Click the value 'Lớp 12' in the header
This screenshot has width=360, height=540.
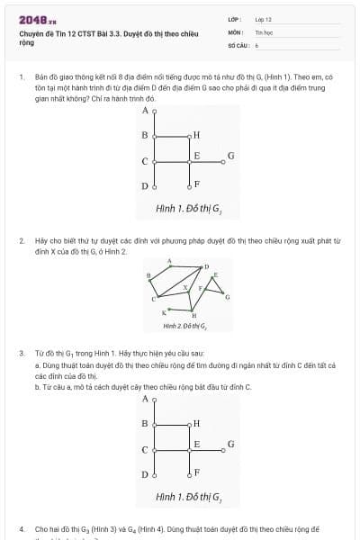(263, 18)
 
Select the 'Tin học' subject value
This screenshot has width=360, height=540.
(263, 31)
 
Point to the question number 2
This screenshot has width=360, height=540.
(21, 241)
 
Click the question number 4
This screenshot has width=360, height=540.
(21, 529)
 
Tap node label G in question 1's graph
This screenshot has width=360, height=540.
(231, 155)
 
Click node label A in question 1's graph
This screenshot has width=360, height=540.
(145, 111)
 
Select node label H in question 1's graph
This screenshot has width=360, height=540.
(196, 135)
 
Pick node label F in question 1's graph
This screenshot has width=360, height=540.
(196, 184)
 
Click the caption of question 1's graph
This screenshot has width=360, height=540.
(188, 209)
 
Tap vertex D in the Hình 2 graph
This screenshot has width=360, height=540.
(206, 266)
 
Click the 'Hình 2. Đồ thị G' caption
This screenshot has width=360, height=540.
(184, 326)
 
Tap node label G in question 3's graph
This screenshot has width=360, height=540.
(231, 444)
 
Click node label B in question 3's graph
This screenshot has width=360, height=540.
(144, 423)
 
